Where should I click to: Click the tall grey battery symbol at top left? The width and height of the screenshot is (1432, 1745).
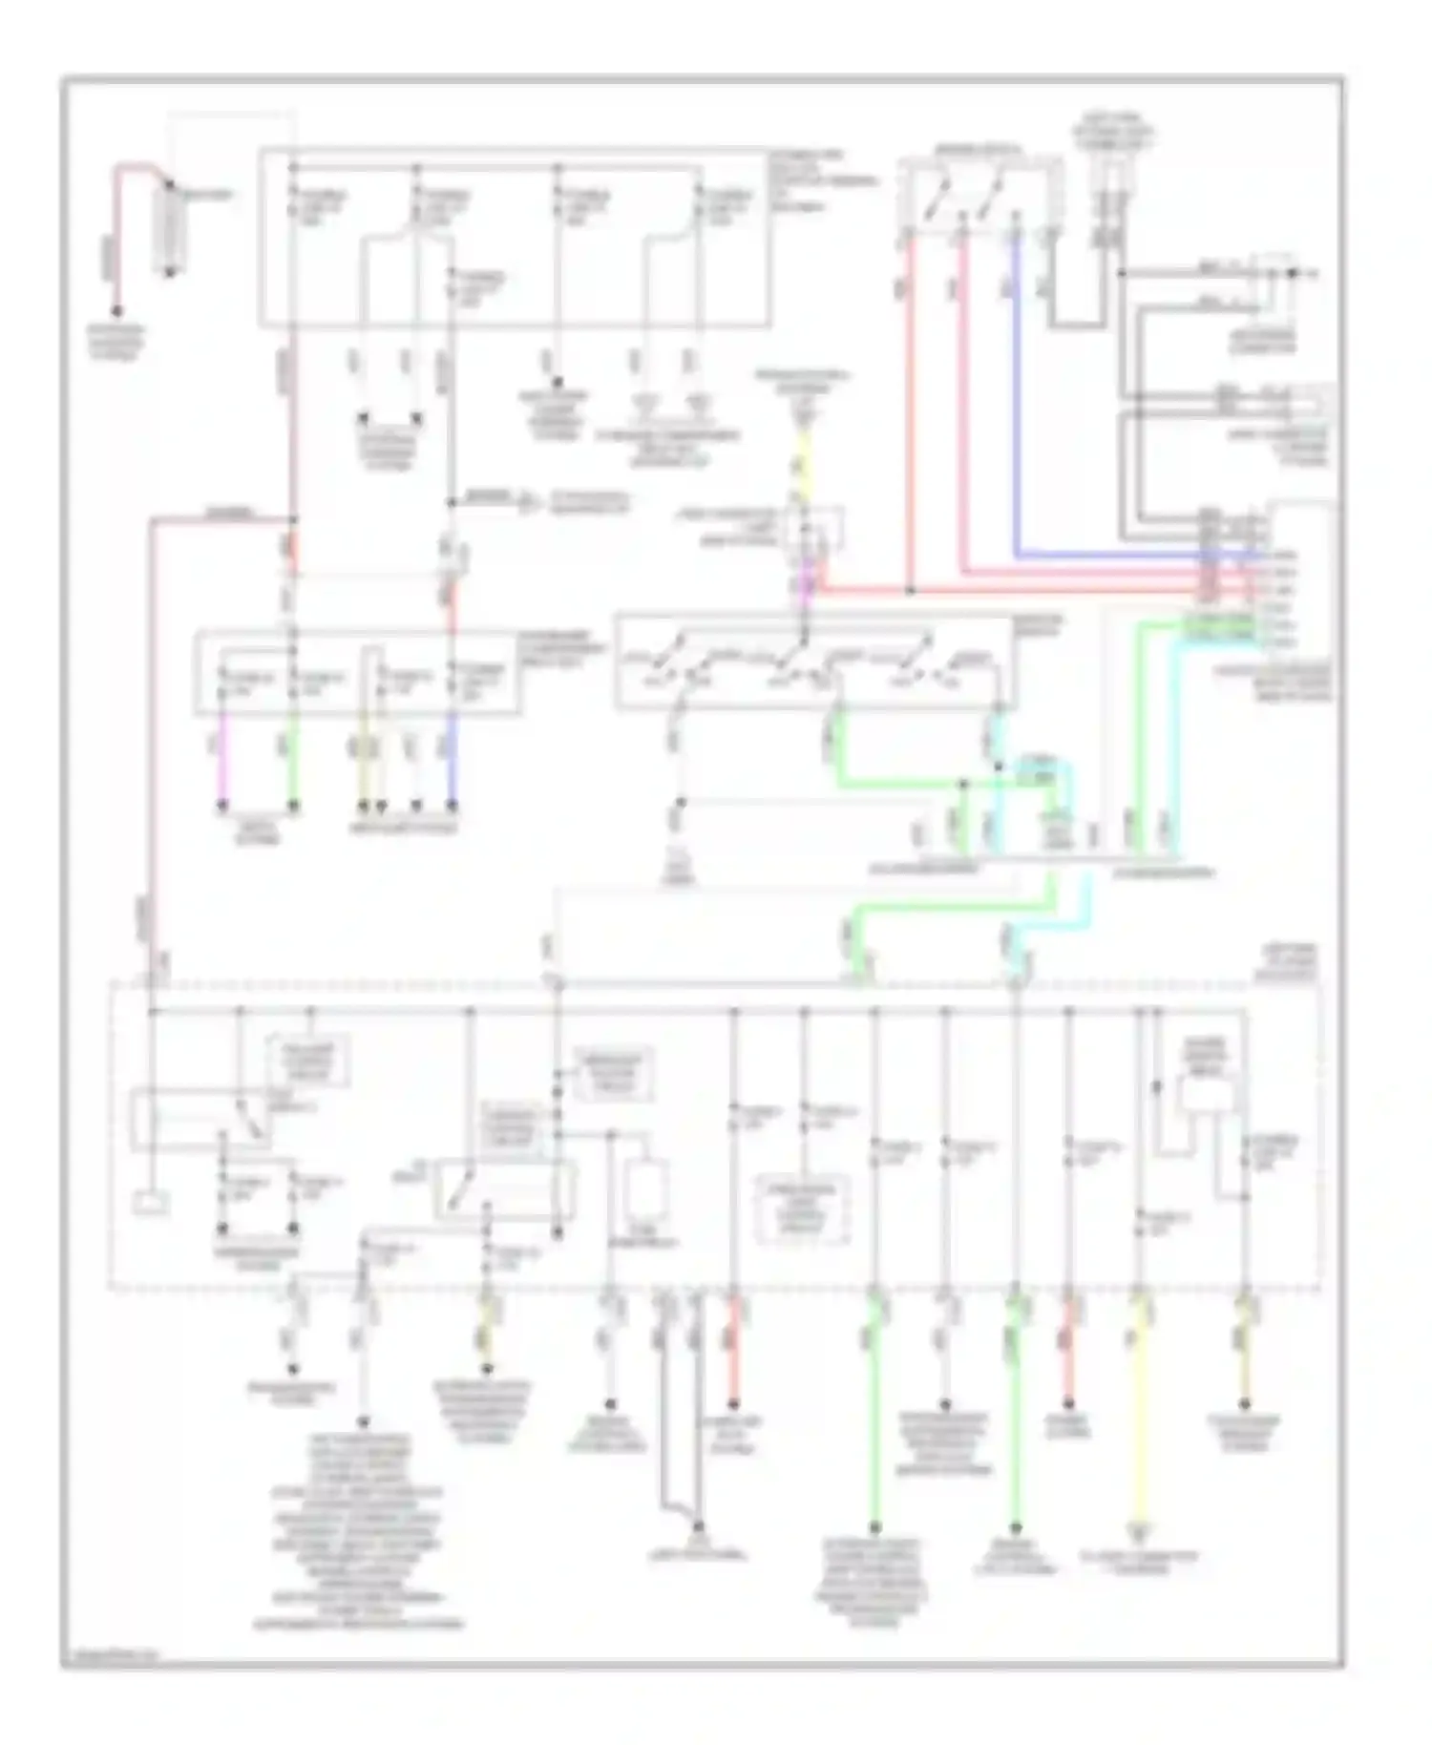169,227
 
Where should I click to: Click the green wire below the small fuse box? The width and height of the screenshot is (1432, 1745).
293,764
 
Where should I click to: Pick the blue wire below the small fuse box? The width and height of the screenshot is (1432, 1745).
452,764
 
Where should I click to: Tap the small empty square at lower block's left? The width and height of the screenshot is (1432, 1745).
151,1203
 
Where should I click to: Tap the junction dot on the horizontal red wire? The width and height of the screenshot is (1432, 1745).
910,591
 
